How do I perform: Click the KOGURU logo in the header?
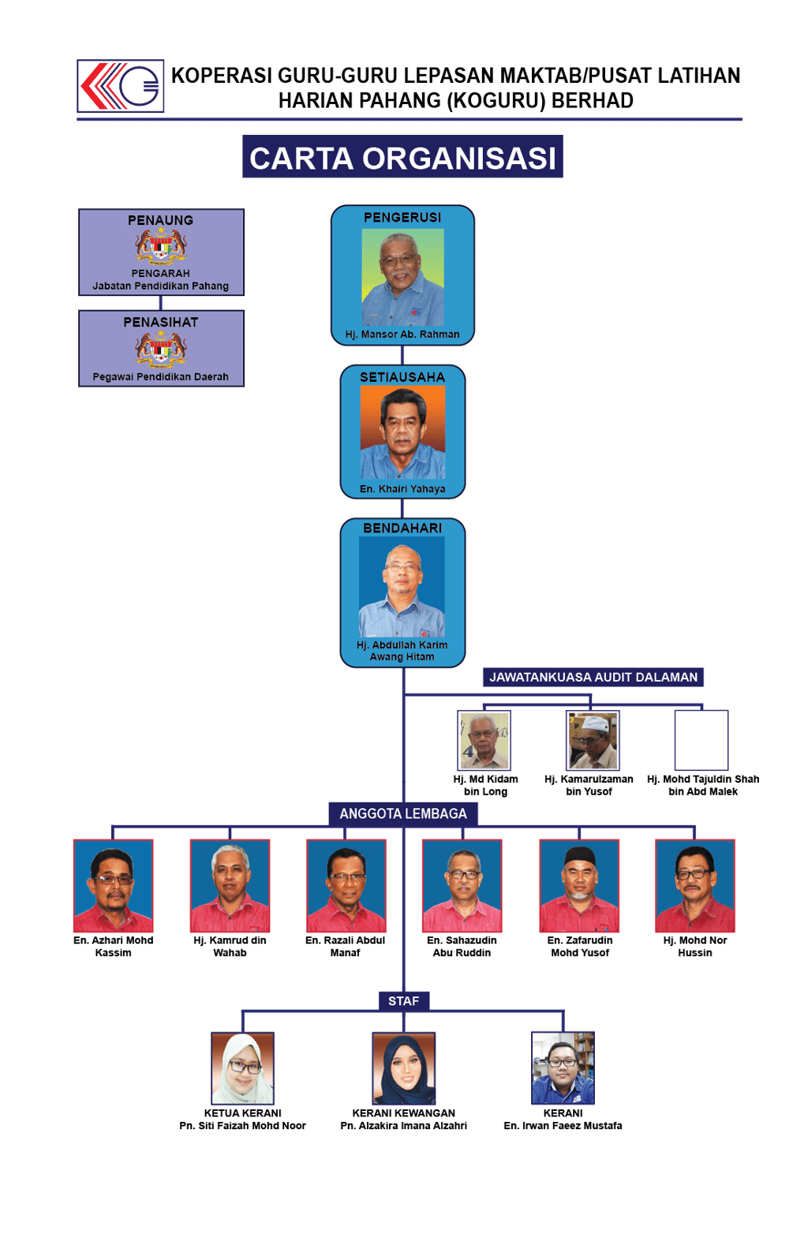(121, 86)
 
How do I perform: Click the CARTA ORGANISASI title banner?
(402, 158)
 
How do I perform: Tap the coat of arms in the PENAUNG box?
(161, 246)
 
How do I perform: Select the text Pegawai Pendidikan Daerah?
(161, 377)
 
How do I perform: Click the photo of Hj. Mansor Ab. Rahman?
(402, 277)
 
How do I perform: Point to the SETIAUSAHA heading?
(402, 378)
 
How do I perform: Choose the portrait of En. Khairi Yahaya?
(402, 432)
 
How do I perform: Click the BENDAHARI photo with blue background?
(402, 586)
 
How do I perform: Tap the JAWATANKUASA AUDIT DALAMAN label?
(593, 678)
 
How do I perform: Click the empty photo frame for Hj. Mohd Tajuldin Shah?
(701, 740)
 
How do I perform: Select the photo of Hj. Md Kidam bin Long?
(484, 740)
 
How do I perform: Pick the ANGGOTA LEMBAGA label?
(403, 813)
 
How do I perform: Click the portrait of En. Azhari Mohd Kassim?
(113, 886)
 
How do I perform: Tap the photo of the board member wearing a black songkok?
(579, 886)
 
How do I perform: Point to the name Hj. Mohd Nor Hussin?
(695, 947)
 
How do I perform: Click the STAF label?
(403, 1001)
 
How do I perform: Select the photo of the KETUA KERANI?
(243, 1068)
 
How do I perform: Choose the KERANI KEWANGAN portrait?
(403, 1069)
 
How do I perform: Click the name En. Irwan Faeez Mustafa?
(563, 1126)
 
